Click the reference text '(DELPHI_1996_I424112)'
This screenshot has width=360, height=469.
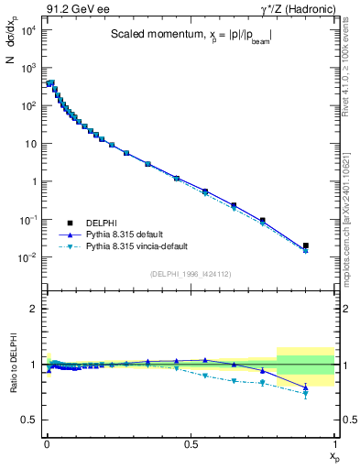(x=190, y=273)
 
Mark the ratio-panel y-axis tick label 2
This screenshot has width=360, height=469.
(x=31, y=310)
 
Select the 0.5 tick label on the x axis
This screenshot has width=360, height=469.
(x=190, y=442)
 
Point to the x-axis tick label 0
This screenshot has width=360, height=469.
(x=46, y=442)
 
